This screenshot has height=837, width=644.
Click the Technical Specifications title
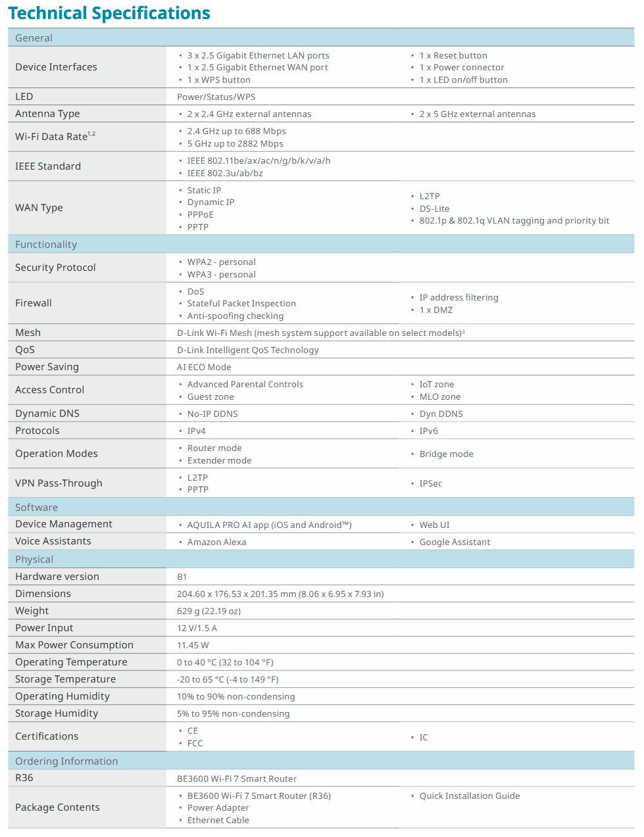(x=109, y=13)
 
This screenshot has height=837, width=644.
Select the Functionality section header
(x=46, y=245)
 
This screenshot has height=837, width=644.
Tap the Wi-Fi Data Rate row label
(x=55, y=136)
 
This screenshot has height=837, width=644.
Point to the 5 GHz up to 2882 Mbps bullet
(x=235, y=143)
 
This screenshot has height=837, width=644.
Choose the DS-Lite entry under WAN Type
(x=434, y=208)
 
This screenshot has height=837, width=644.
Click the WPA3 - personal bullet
(x=221, y=274)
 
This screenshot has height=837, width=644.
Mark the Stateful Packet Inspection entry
(x=241, y=303)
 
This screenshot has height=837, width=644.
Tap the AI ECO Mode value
(x=204, y=367)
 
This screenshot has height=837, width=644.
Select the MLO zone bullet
(x=439, y=396)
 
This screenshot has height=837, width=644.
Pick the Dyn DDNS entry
(x=441, y=414)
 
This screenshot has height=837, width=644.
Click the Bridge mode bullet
(x=446, y=454)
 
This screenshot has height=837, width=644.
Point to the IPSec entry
(x=430, y=483)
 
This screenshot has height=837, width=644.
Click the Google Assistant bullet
(x=455, y=542)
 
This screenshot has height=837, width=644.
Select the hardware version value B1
(x=182, y=577)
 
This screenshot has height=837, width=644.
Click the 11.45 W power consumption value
(x=193, y=645)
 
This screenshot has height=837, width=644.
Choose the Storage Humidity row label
(x=57, y=713)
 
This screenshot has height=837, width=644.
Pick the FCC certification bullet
(x=195, y=743)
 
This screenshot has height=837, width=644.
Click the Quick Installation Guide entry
(x=469, y=796)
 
